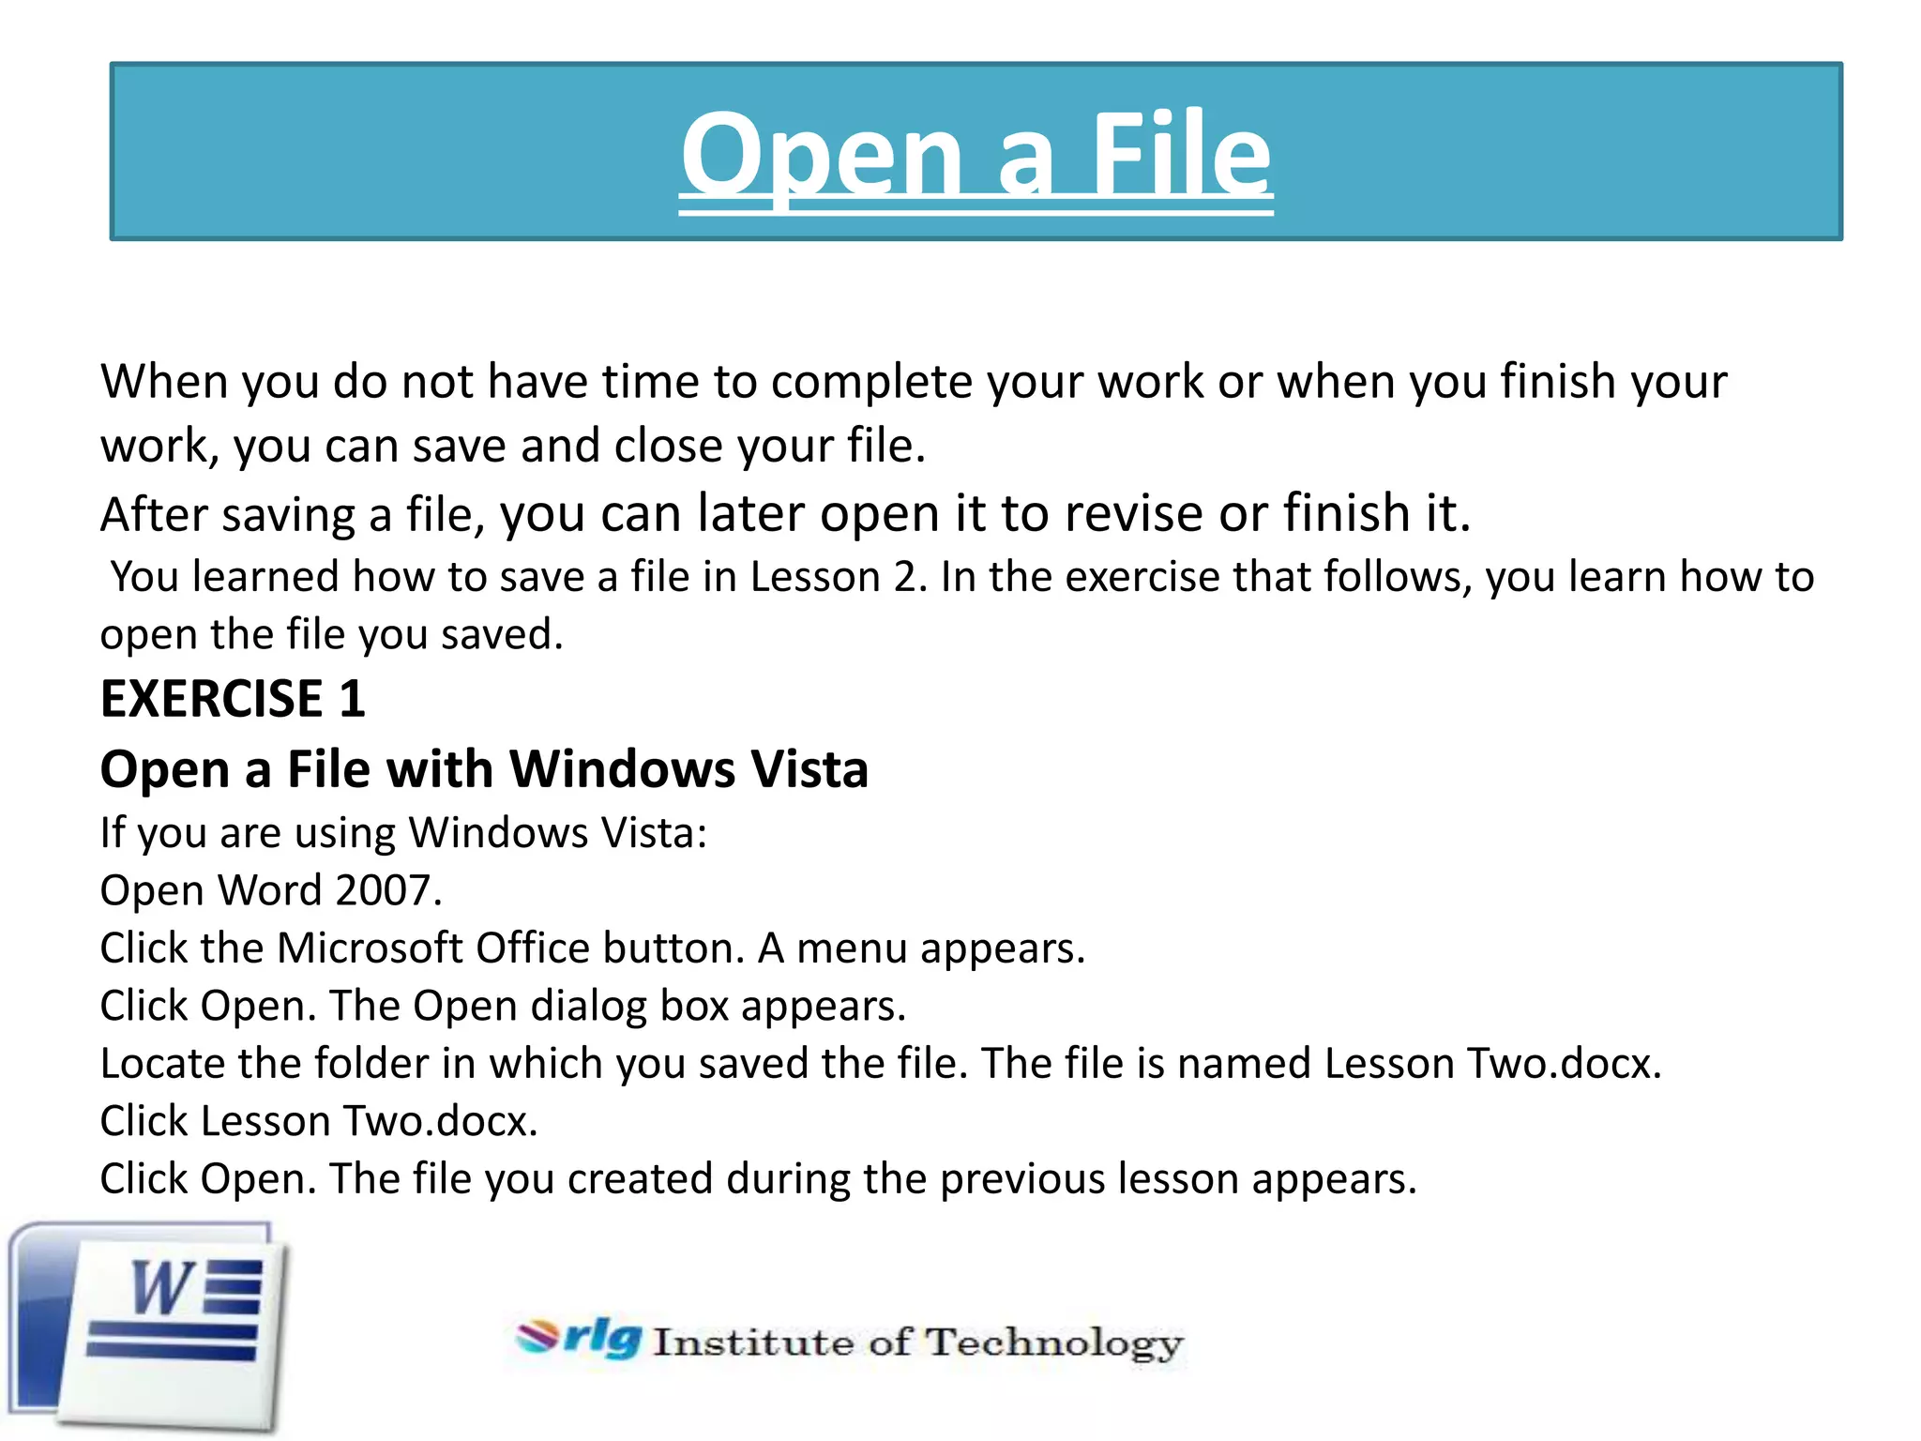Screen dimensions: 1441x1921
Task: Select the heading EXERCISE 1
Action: pos(233,699)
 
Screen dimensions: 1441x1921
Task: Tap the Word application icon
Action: pos(150,1327)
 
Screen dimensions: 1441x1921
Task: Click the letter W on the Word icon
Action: pos(161,1287)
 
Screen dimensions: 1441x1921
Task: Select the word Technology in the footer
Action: pos(1054,1342)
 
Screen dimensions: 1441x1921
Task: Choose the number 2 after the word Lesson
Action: pos(905,577)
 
